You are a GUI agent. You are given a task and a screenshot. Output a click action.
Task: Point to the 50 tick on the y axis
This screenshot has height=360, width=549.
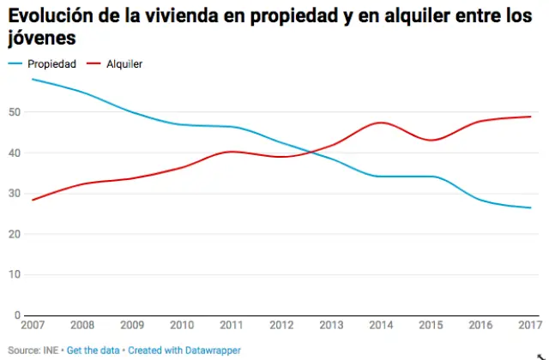15,112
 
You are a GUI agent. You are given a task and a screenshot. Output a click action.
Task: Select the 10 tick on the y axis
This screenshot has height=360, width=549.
15,274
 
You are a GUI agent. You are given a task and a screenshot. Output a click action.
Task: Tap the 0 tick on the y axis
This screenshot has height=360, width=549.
17,315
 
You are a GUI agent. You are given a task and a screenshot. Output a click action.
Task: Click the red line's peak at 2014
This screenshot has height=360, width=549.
381,123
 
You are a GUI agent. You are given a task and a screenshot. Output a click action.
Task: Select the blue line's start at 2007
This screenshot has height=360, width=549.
32,79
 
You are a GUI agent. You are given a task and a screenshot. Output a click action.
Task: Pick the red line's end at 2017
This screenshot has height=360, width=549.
530,117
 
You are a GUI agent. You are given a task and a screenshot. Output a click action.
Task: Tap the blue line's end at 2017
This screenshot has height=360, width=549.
530,207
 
